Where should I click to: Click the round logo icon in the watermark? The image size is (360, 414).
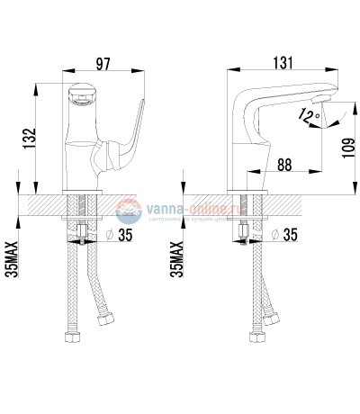tap(128, 211)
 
